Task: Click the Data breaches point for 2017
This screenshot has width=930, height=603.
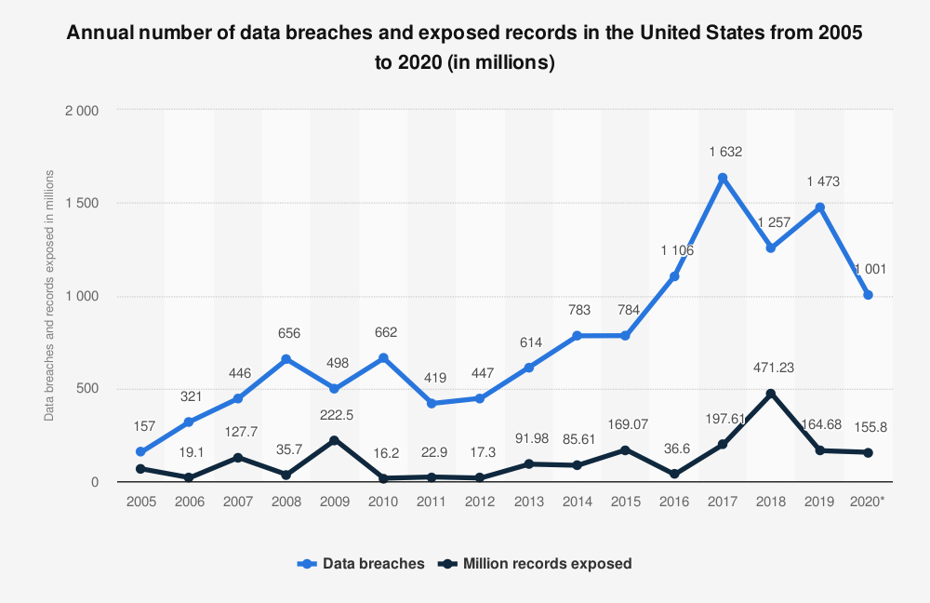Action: tap(723, 178)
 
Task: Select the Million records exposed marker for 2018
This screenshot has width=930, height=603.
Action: tap(771, 394)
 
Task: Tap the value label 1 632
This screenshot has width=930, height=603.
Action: tap(723, 151)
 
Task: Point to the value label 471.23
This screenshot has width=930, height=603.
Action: tap(771, 367)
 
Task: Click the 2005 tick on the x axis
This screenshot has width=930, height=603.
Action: tap(140, 502)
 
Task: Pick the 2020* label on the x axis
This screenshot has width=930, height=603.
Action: tap(868, 502)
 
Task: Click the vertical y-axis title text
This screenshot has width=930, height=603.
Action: tap(49, 295)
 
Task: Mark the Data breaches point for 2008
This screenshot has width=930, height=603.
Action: tap(286, 359)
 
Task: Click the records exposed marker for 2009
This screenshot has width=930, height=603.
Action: tap(335, 440)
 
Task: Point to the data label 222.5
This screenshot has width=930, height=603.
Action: tap(335, 414)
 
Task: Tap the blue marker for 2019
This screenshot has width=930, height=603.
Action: tap(819, 208)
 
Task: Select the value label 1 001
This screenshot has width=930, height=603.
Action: tap(868, 269)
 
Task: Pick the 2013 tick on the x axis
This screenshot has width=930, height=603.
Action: tap(528, 502)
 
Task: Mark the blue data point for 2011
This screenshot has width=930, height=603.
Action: tap(432, 404)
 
